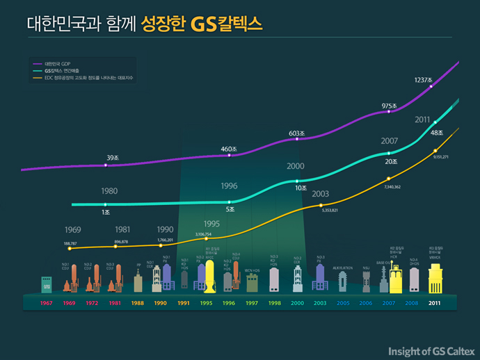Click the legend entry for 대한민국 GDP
click(x=56, y=63)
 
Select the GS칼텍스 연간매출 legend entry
click(x=63, y=71)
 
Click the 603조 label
click(x=297, y=132)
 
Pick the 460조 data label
click(x=229, y=149)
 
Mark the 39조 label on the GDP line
click(x=113, y=158)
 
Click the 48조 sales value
click(x=438, y=133)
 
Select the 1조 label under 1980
click(x=106, y=211)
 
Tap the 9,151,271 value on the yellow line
click(x=440, y=157)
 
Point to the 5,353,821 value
click(x=329, y=210)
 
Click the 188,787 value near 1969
click(x=70, y=243)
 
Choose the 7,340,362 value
click(x=392, y=187)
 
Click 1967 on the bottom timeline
click(x=47, y=304)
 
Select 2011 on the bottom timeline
click(x=435, y=304)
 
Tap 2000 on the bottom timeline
click(x=297, y=304)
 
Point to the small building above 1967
click(x=47, y=285)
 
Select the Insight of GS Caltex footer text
click(x=431, y=350)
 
